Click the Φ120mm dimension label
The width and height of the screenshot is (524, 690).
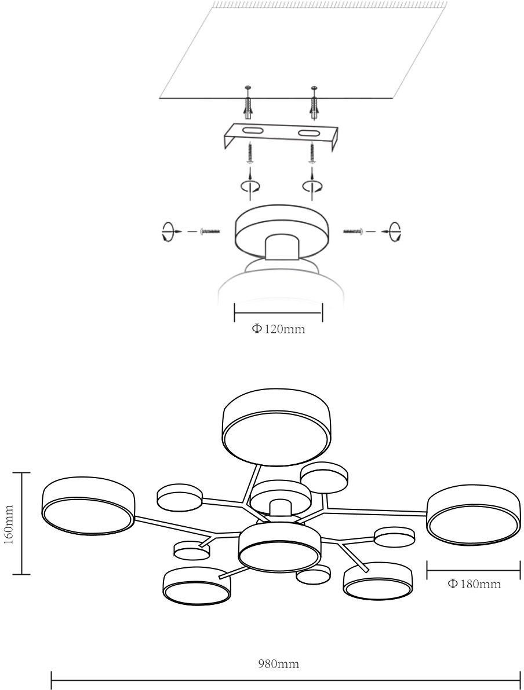pos(278,329)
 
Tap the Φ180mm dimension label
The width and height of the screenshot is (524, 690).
pos(474,584)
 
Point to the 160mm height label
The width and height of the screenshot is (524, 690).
pos(9,524)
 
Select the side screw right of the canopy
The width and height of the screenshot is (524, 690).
pos(353,230)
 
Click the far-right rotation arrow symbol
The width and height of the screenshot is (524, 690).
pos(395,230)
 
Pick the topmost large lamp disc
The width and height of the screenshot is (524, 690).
pos(276,427)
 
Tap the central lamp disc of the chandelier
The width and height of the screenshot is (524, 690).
pos(279,546)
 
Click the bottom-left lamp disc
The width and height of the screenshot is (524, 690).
pos(196,586)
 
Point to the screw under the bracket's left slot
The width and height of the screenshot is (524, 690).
pos(250,153)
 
